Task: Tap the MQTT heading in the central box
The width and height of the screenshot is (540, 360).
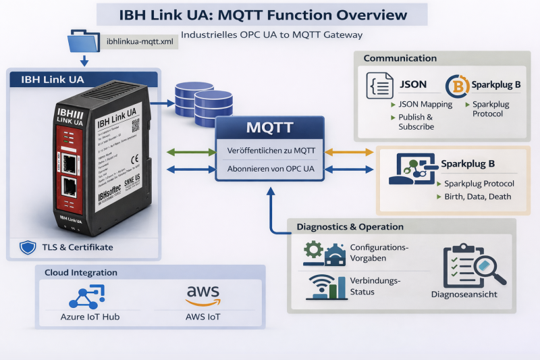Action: pyautogui.click(x=269, y=128)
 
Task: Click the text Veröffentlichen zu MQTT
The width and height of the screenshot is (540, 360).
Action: pyautogui.click(x=270, y=150)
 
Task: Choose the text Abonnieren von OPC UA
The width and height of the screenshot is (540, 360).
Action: pyautogui.click(x=270, y=170)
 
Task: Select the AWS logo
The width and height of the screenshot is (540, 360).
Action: pyautogui.click(x=203, y=294)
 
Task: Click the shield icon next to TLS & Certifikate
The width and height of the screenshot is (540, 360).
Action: pyautogui.click(x=27, y=247)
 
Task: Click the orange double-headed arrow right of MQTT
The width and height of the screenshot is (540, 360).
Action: pyautogui.click(x=350, y=151)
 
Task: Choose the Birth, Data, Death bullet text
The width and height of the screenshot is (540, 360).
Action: pyautogui.click(x=477, y=197)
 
